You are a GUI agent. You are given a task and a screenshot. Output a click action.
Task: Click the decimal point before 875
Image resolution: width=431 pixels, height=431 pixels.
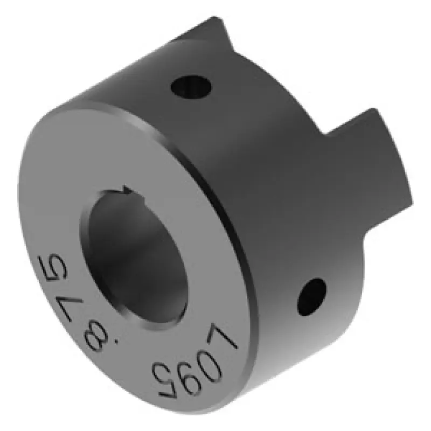pyautogui.click(x=117, y=343)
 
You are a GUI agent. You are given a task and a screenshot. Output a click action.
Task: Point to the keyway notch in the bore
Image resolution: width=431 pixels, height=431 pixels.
pyautogui.click(x=129, y=190)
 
